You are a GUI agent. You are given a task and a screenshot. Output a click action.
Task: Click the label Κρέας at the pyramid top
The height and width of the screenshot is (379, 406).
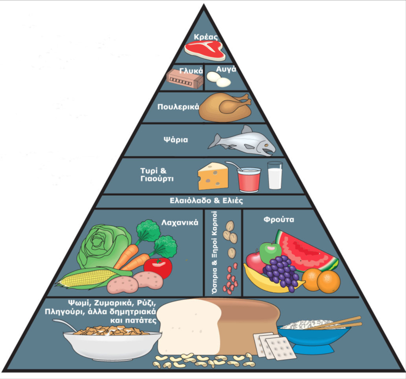pos(204,37)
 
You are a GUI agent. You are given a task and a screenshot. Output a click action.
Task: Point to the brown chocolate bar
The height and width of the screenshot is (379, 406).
pos(184,79)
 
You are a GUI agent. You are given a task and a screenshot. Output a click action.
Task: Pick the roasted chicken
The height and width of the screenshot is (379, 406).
pos(225,107)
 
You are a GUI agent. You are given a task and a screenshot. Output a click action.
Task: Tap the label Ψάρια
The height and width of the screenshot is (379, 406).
pos(175,140)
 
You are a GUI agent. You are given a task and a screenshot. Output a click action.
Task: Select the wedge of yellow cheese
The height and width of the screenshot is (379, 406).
pos(213,176)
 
